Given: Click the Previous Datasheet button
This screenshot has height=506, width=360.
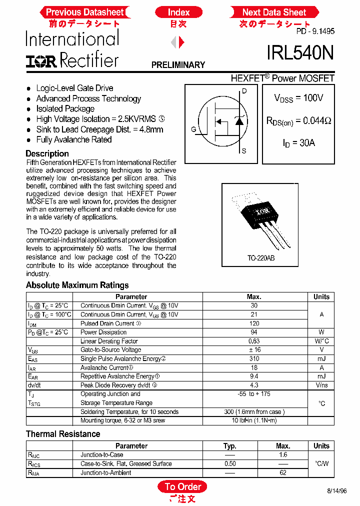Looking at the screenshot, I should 84,12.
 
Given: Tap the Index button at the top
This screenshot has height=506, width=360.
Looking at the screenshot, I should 178,12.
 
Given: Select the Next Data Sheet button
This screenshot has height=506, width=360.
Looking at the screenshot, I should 273,12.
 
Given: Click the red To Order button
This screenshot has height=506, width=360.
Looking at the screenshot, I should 182,486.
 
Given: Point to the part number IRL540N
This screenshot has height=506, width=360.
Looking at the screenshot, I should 300,52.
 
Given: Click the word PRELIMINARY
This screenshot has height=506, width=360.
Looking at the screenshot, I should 178,65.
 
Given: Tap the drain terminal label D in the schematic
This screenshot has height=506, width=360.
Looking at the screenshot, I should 244,91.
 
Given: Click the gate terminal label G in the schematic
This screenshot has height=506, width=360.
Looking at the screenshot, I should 193,129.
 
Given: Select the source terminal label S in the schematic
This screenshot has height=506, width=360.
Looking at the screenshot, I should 244,151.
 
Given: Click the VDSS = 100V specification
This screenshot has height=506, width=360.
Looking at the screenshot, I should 298,98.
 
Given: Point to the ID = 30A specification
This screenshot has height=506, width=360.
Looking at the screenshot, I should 298,143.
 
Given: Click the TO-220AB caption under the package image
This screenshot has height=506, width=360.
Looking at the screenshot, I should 260,258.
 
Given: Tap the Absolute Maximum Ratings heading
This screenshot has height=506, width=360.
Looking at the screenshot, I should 77,285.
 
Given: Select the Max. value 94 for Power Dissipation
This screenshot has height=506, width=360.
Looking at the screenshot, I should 254,332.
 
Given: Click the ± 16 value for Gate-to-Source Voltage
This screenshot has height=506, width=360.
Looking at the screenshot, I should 254,350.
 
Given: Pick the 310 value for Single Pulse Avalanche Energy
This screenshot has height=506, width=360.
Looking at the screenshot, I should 254,358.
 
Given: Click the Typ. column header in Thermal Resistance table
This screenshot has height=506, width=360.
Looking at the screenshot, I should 229,446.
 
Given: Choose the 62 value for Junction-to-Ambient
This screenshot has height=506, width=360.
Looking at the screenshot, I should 283,472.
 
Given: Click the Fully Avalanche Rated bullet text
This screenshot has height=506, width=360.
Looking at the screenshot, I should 73,140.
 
